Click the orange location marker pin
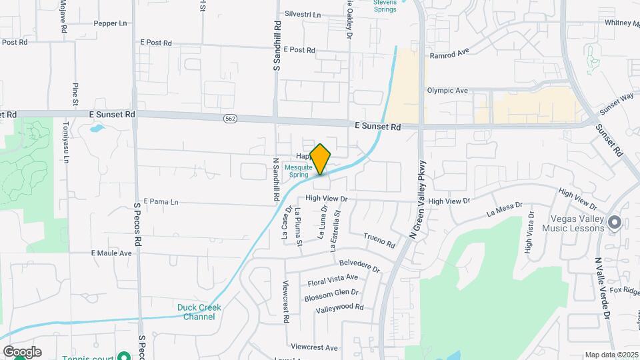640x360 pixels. point(321,159)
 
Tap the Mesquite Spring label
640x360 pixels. point(298,171)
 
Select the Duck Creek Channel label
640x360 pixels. point(199,312)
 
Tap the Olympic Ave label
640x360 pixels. point(447,91)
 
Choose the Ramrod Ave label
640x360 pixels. point(450,55)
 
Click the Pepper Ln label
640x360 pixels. point(110,23)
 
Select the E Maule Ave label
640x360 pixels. point(111,253)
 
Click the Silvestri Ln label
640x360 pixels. point(302,14)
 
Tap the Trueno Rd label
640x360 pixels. point(379,241)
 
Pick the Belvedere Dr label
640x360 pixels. point(359,266)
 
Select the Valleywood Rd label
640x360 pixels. point(339,307)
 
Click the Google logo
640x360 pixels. point(22,352)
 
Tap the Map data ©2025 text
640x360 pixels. point(611,355)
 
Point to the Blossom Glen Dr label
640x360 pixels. point(331,293)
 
